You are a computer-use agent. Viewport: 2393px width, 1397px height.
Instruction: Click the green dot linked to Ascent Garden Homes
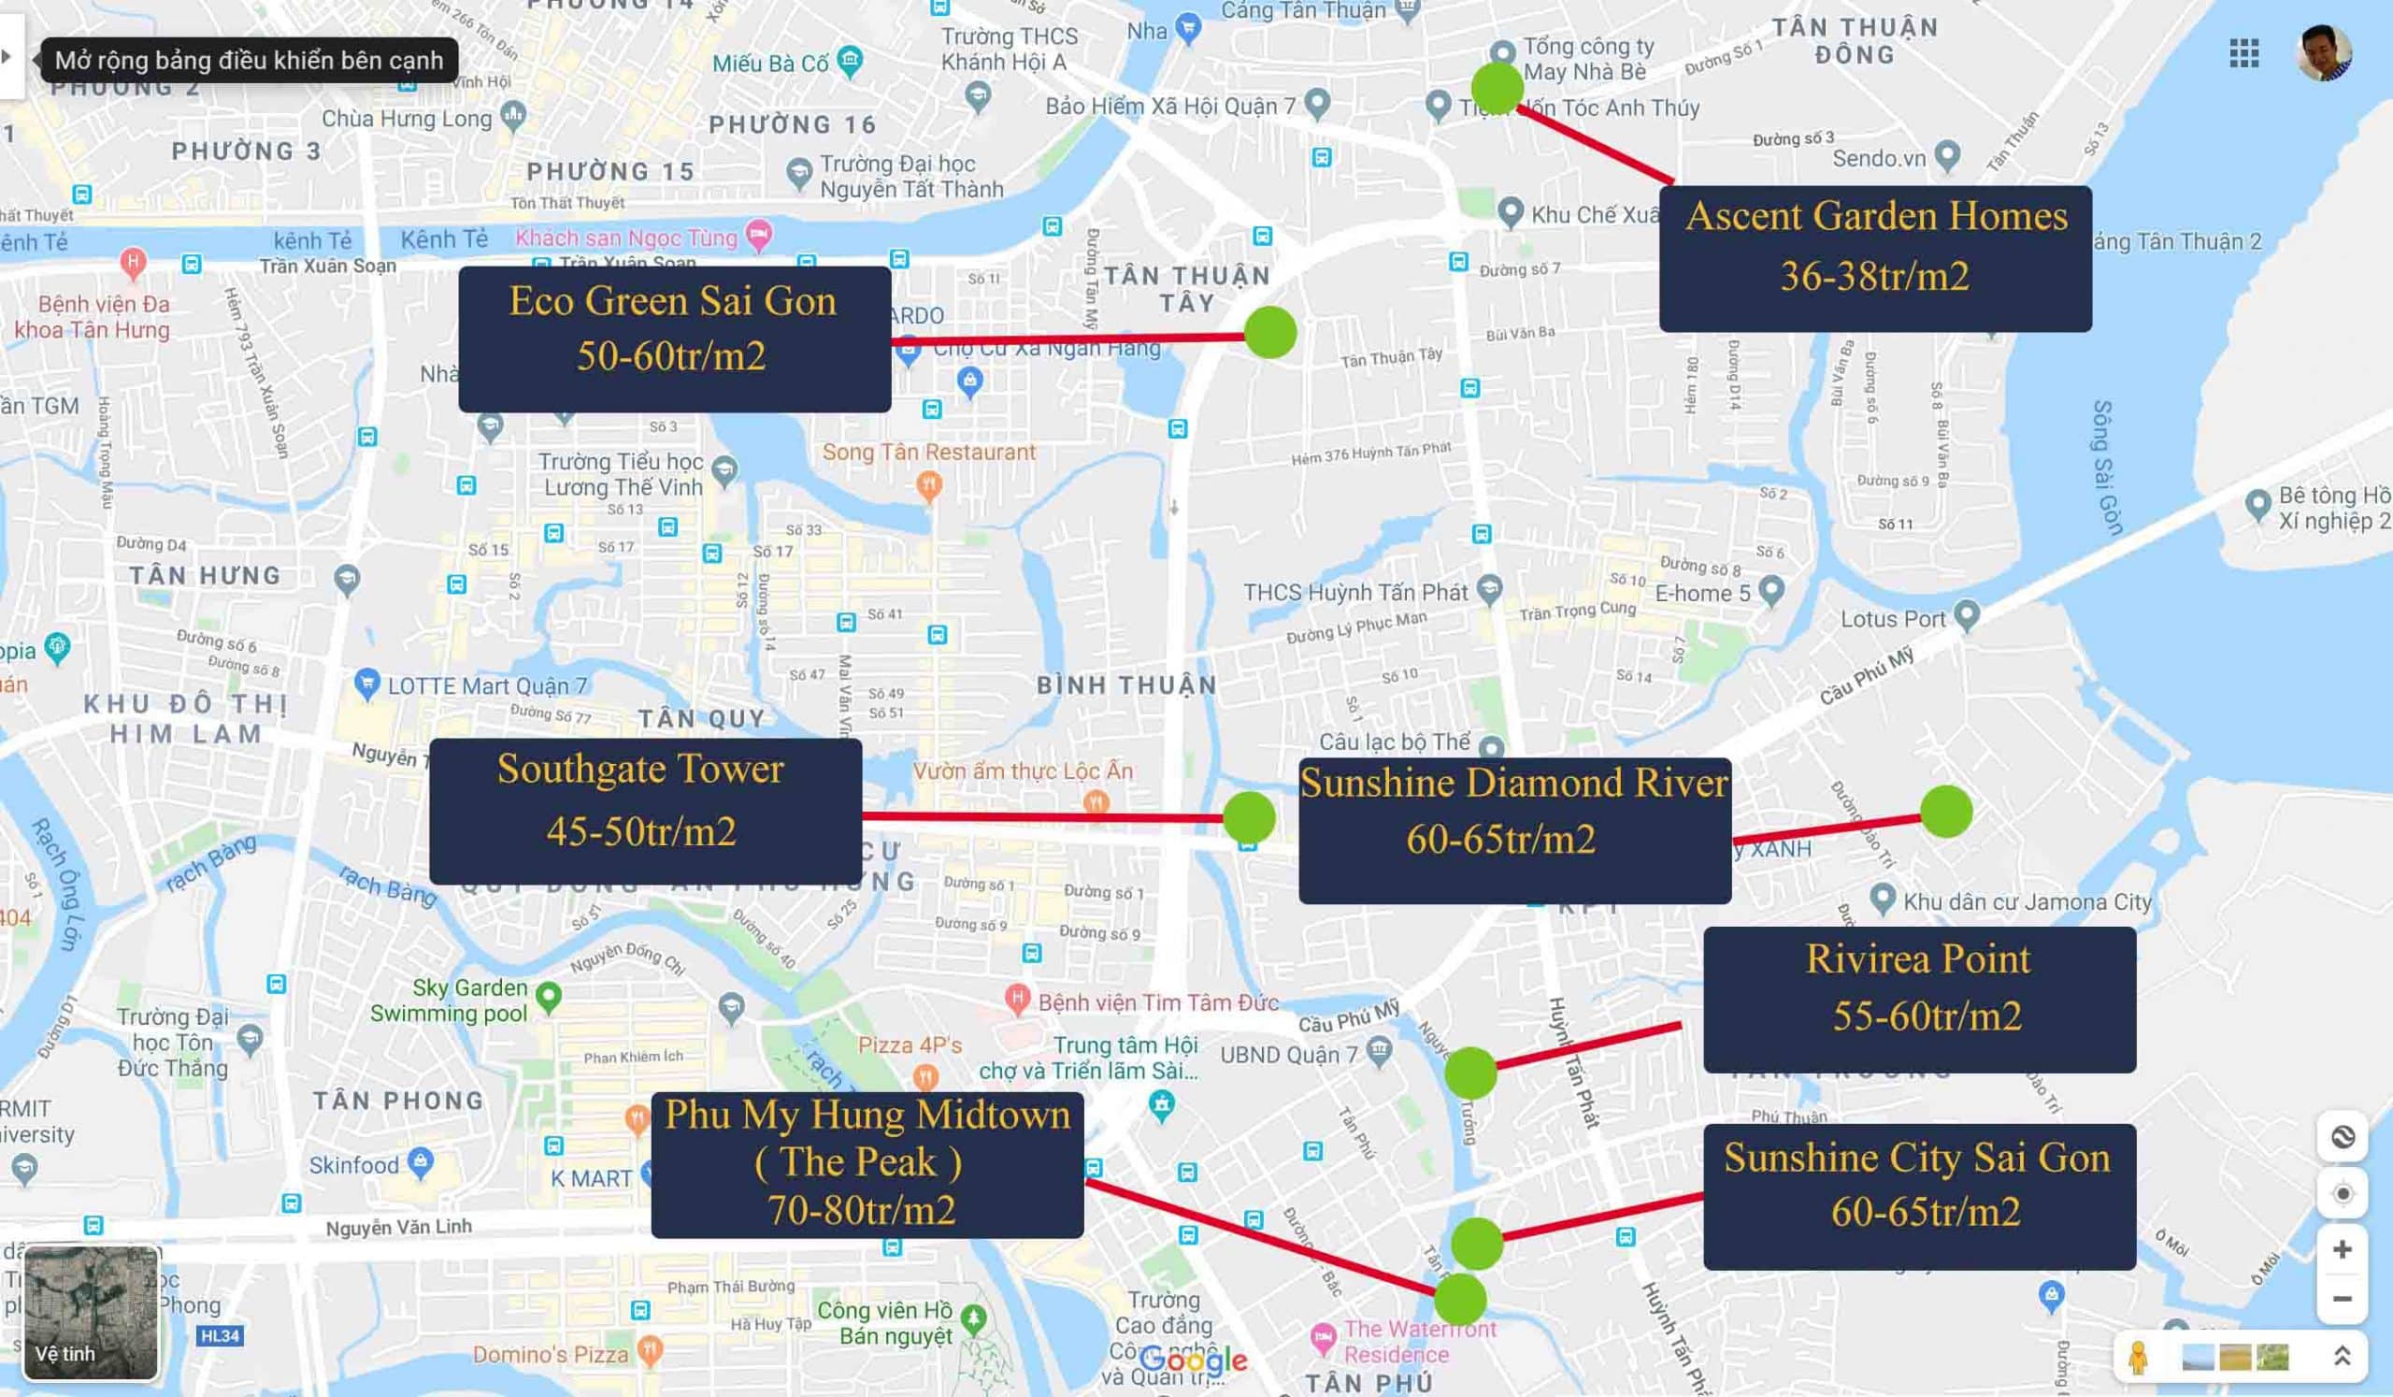click(1497, 88)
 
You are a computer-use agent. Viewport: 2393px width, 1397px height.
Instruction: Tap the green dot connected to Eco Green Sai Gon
click(1269, 332)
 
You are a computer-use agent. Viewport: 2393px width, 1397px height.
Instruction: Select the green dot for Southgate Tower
click(1249, 816)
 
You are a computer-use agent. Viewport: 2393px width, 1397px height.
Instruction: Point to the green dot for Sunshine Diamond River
click(1946, 812)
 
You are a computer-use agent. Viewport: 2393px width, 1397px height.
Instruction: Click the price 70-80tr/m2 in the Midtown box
click(861, 1210)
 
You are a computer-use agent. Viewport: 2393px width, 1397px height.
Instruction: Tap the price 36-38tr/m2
click(1874, 277)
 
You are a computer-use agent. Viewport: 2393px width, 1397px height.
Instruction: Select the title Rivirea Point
click(1918, 959)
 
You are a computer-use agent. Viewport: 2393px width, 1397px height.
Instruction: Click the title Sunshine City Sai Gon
click(1917, 1158)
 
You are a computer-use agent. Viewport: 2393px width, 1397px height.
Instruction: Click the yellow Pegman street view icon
click(2138, 1356)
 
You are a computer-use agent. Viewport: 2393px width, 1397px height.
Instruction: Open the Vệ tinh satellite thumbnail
click(92, 1313)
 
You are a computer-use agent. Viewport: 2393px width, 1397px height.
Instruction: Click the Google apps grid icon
click(2244, 53)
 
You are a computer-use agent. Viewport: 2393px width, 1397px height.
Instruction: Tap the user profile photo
click(2324, 52)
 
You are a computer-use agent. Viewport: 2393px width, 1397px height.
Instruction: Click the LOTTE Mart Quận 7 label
click(487, 685)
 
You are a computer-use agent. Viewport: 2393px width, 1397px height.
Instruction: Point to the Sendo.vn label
click(1878, 159)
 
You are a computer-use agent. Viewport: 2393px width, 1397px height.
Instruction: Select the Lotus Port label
click(1893, 619)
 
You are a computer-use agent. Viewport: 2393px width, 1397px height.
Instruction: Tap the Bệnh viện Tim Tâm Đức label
click(1157, 1003)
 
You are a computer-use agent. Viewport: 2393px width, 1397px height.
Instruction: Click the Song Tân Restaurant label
click(929, 452)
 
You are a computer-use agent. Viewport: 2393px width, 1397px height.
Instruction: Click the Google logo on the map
click(1194, 1360)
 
